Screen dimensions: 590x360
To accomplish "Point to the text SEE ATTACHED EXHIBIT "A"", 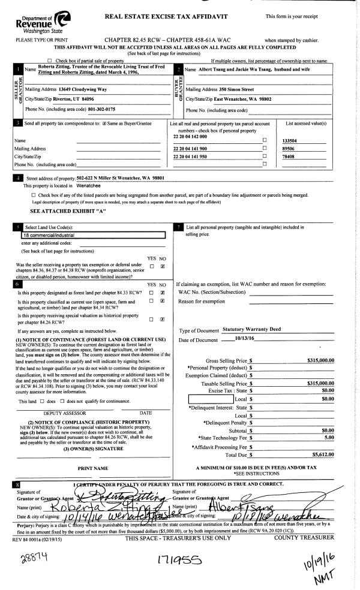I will click(68, 211).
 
